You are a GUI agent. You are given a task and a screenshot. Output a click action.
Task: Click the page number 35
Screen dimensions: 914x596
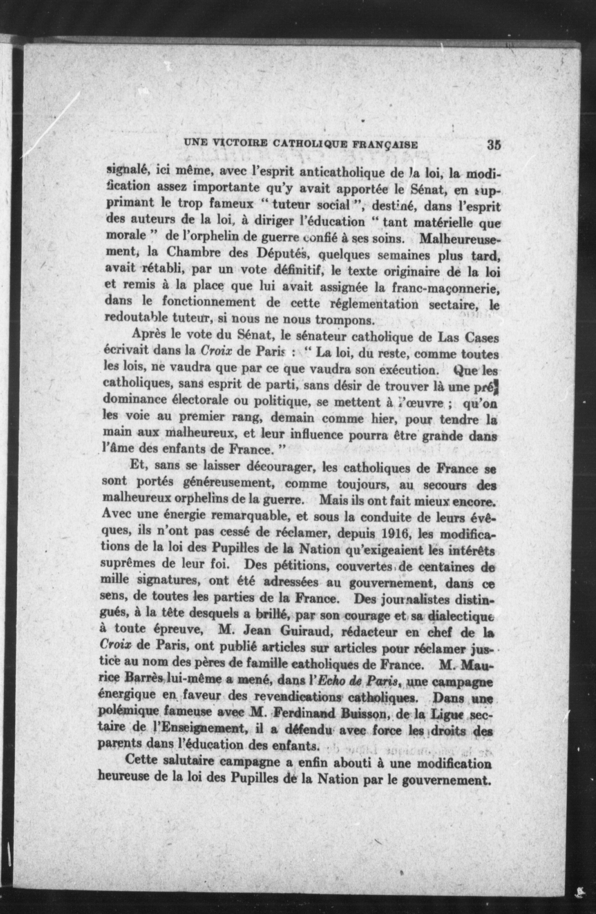tap(494, 145)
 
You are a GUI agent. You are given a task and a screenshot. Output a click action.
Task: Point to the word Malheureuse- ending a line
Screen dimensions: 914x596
tap(460, 239)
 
